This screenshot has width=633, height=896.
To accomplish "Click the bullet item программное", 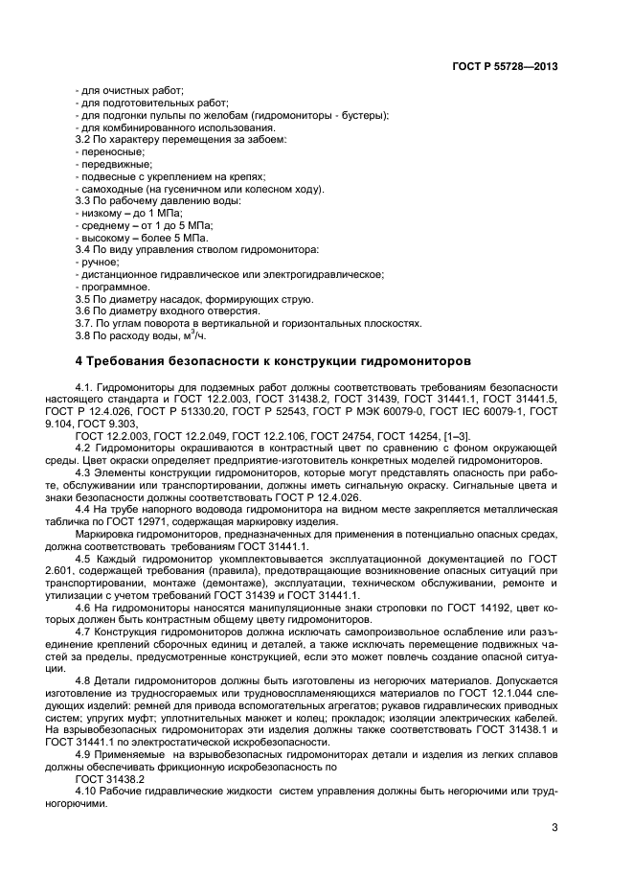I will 110,287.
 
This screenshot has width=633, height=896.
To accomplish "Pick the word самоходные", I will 107,190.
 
